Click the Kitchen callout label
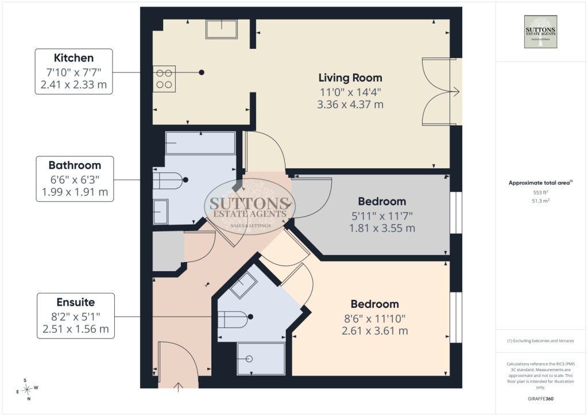coord(74,71)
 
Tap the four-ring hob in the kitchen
coord(164,79)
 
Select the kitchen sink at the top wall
coord(222,29)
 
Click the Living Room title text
coord(350,78)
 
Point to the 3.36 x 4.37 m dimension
coord(350,104)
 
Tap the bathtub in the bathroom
coord(200,142)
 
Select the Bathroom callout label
coord(75,179)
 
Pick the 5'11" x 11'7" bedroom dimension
coord(382,216)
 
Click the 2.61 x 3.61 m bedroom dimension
coord(374,331)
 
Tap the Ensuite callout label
coord(76,316)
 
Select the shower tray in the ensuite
coord(261,358)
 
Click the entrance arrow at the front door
coord(178,387)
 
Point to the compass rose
coord(27,390)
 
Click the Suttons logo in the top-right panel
coord(540,32)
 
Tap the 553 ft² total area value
coord(540,192)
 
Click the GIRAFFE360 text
coord(540,399)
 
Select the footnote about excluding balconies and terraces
coord(540,341)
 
